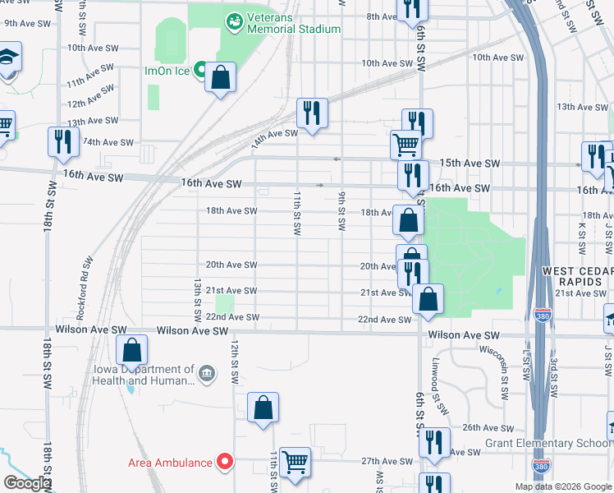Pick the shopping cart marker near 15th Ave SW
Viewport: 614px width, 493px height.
pyautogui.click(x=406, y=145)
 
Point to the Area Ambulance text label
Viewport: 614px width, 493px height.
pyautogui.click(x=169, y=463)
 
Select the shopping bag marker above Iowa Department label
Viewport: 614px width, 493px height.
pyautogui.click(x=131, y=351)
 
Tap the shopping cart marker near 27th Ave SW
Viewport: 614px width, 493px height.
pyautogui.click(x=295, y=462)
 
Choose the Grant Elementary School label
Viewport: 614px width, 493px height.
pyautogui.click(x=553, y=444)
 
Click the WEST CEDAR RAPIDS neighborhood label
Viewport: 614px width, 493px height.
pyautogui.click(x=577, y=277)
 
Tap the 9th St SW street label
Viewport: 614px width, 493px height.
pyautogui.click(x=341, y=211)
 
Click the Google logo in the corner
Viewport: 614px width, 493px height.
pyautogui.click(x=27, y=483)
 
